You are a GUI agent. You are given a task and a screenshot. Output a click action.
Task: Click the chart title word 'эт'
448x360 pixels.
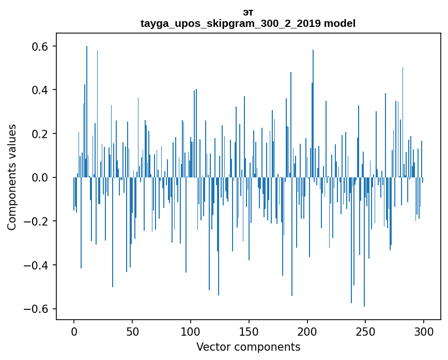tap(248, 12)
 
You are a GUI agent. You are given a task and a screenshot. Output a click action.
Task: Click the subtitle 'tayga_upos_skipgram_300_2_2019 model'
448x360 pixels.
tap(248, 23)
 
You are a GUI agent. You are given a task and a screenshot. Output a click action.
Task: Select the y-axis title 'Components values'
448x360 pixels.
tap(12, 177)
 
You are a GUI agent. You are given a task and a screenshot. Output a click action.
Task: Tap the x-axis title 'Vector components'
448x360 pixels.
tap(248, 347)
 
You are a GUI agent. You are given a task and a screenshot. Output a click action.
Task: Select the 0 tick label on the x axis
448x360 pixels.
tap(74, 331)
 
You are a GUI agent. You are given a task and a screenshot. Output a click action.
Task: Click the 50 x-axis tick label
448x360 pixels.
tap(132, 331)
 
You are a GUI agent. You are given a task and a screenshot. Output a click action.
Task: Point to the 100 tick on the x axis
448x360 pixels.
tap(191, 331)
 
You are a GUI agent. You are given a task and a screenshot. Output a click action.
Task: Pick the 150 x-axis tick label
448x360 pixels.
tap(249, 331)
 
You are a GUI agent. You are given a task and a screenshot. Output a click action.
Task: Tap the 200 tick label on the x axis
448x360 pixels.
tap(307, 331)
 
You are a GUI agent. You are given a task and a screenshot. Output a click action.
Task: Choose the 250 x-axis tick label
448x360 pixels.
tap(365, 331)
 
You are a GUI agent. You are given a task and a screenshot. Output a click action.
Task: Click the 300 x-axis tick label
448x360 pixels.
tap(424, 331)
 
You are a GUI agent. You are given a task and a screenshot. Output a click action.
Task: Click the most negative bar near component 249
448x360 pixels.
tap(364, 243)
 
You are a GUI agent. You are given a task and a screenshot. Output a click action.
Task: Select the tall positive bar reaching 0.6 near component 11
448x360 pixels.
tap(87, 111)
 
